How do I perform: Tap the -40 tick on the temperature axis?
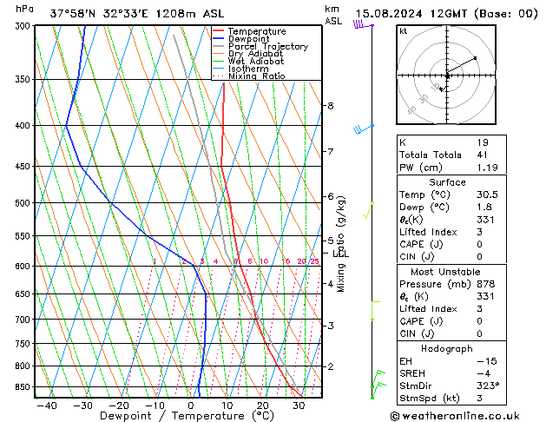point(47,406)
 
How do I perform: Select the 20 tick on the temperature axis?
point(262,406)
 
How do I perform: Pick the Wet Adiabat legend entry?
point(256,61)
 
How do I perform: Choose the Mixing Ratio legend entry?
point(256,76)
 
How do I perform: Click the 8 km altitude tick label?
point(330,106)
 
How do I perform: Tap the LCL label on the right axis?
point(341,254)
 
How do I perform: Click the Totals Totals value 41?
point(483,155)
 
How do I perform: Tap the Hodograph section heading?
point(447,347)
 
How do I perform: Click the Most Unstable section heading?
point(447,271)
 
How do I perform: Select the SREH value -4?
point(483,372)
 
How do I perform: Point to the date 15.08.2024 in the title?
point(390,13)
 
